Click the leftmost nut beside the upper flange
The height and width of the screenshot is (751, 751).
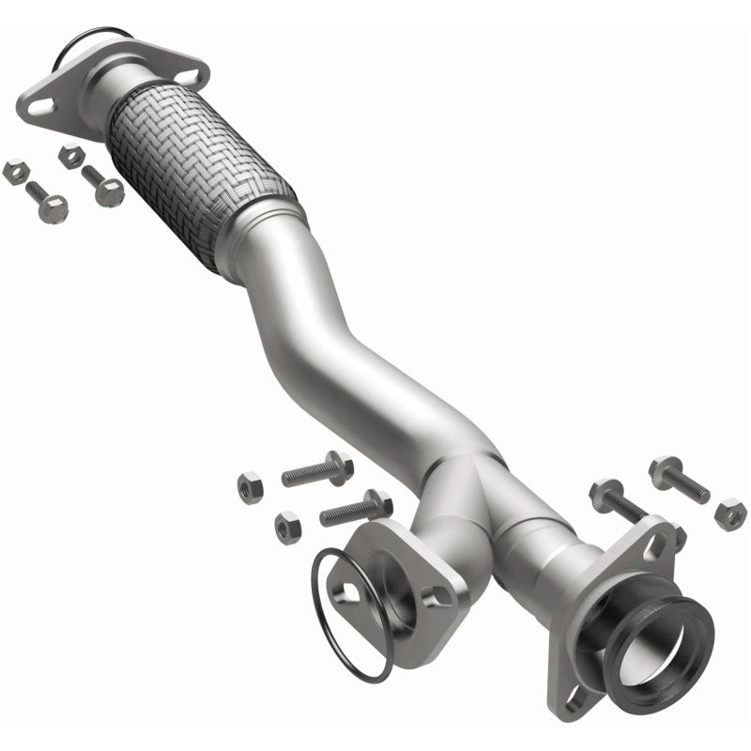pos(13,172)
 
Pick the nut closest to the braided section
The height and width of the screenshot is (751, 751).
pos(69,155)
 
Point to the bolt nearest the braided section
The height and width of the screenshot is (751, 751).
pos(102,185)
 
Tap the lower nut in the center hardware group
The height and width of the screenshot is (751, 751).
pos(287,527)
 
